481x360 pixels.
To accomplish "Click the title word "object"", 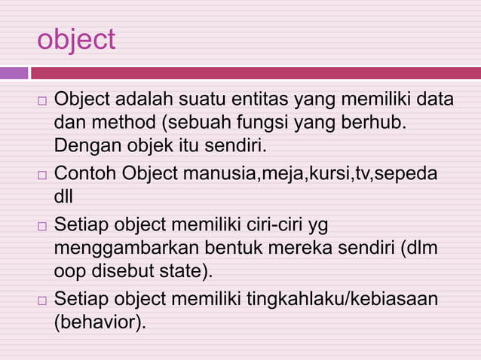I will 76,40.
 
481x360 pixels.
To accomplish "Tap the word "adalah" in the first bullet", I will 145,99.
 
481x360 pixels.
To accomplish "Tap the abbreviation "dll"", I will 65,195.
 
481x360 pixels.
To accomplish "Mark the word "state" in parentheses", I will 186,270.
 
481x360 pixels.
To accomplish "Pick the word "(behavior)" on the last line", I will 100,322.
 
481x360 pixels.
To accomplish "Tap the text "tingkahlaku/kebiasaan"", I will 342,300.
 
